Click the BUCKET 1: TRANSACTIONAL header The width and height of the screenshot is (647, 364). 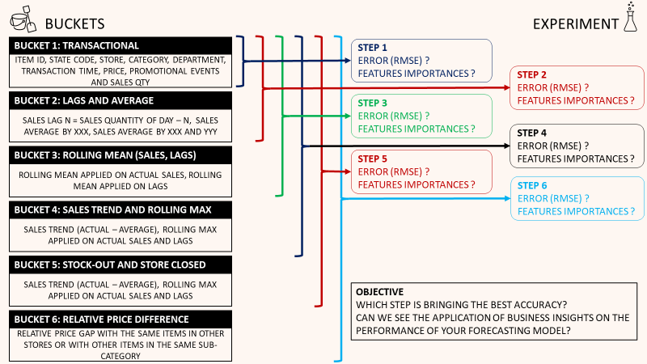click(x=77, y=45)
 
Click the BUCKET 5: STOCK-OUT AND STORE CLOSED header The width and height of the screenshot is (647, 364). click(x=109, y=265)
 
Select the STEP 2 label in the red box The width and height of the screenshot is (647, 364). click(x=533, y=74)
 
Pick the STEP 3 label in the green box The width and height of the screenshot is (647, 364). click(x=373, y=103)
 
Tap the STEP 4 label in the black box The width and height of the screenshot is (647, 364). click(x=533, y=133)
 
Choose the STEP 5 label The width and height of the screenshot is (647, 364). click(x=373, y=159)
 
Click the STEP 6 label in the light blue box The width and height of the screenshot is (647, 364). click(x=533, y=185)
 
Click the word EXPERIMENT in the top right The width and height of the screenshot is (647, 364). click(x=575, y=23)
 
